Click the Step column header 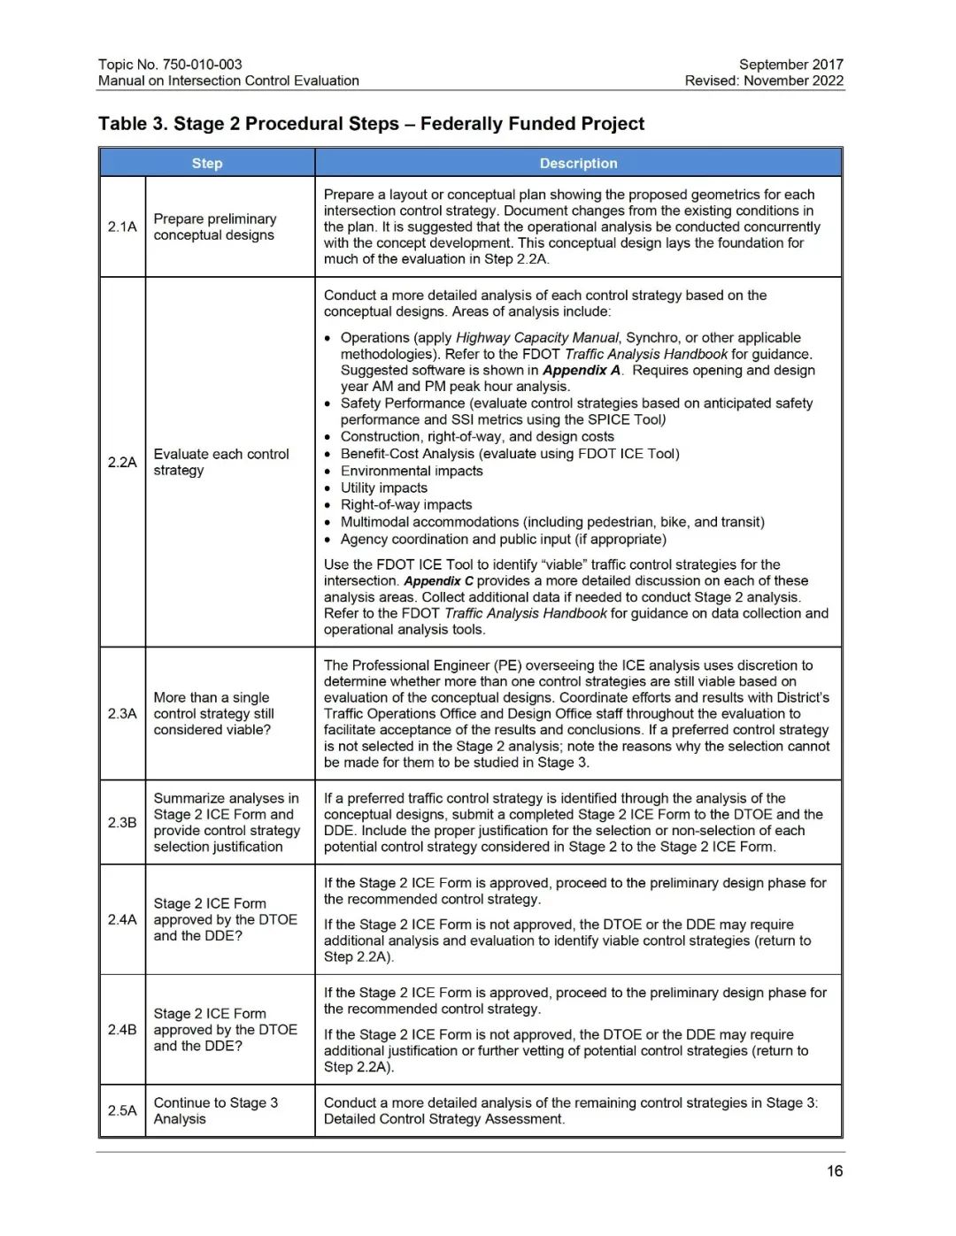(207, 163)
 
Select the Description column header (578, 163)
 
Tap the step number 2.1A (122, 226)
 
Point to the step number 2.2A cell (122, 462)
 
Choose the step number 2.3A (122, 713)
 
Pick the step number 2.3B (122, 822)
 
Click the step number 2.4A (122, 919)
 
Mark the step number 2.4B (122, 1029)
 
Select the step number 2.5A (122, 1110)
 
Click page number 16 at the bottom (835, 1171)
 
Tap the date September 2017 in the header (790, 65)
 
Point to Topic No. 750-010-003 (170, 65)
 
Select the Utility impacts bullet (384, 487)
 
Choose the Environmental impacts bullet (412, 471)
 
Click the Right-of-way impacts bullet (406, 504)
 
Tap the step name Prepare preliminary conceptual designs (214, 226)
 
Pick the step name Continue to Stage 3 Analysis (215, 1110)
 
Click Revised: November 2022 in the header (764, 81)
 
